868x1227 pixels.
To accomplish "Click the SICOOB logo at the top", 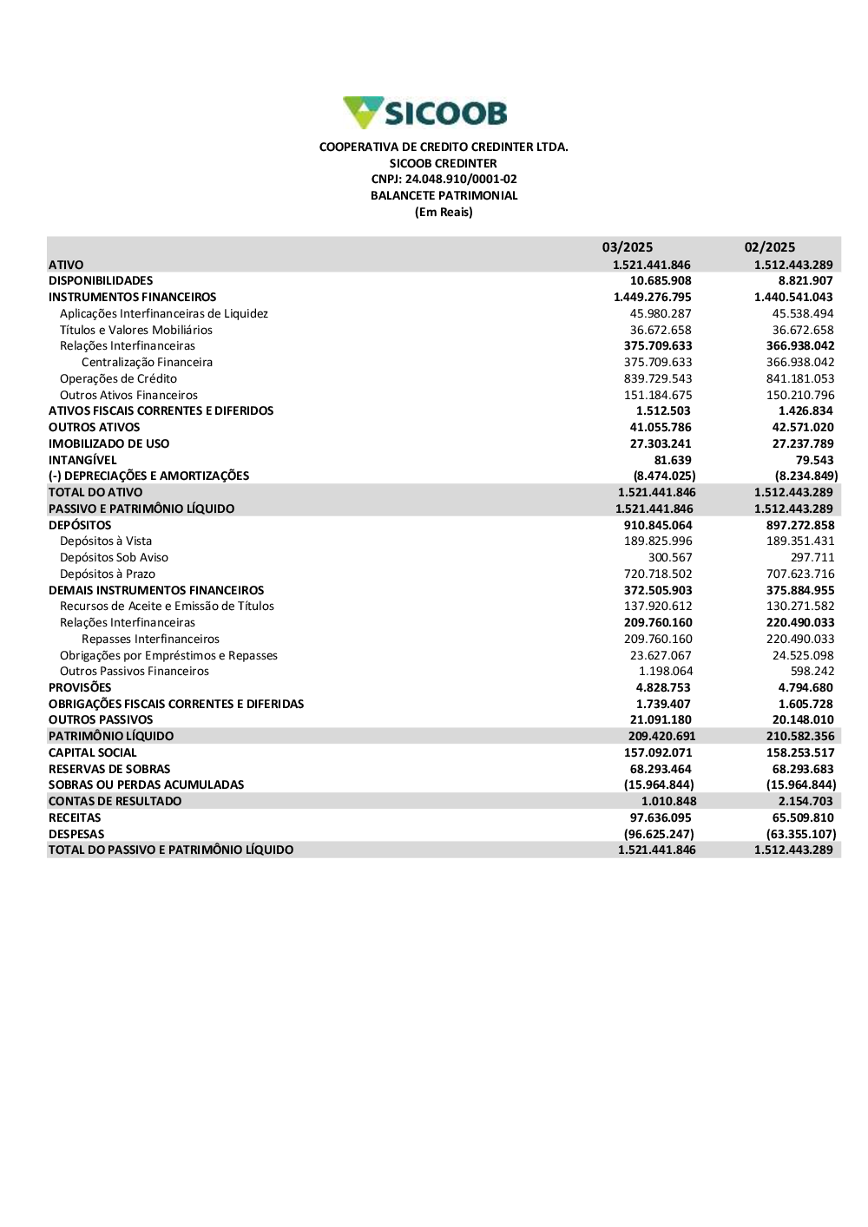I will point(425,113).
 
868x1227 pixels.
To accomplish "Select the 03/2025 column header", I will point(628,247).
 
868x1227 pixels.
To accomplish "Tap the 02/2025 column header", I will point(770,247).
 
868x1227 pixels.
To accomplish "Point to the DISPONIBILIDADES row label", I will point(101,281).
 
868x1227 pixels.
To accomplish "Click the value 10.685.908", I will point(661,281).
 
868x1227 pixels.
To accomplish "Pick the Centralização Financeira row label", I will point(147,363).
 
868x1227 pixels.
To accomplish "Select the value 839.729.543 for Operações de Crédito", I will point(658,379).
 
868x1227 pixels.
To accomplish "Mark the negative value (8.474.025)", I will point(664,476).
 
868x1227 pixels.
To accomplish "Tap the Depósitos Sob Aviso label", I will point(114,558).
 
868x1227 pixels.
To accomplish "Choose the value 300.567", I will point(670,558).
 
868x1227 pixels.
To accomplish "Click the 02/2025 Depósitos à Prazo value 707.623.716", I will point(800,574).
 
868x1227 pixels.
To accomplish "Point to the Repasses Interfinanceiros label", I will point(150,640).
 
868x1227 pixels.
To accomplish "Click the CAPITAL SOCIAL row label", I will point(93,753).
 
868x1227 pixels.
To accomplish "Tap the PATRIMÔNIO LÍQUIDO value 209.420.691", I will point(661,737).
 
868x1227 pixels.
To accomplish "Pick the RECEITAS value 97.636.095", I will point(661,818).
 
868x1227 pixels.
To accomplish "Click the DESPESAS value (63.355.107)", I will point(801,835).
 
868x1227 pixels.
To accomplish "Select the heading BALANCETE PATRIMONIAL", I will point(444,196).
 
